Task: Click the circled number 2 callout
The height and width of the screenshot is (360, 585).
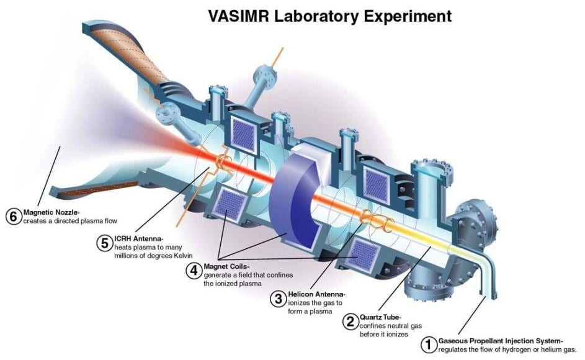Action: point(351,322)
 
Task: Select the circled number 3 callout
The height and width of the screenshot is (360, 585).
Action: point(277,299)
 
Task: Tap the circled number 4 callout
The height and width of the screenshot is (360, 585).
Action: point(194,271)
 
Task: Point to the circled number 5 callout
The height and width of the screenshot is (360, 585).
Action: point(105,243)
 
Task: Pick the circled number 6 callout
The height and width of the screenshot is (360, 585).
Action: point(13,217)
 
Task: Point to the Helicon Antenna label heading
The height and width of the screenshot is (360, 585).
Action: point(316,294)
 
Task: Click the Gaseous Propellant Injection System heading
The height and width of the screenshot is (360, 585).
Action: point(500,341)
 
